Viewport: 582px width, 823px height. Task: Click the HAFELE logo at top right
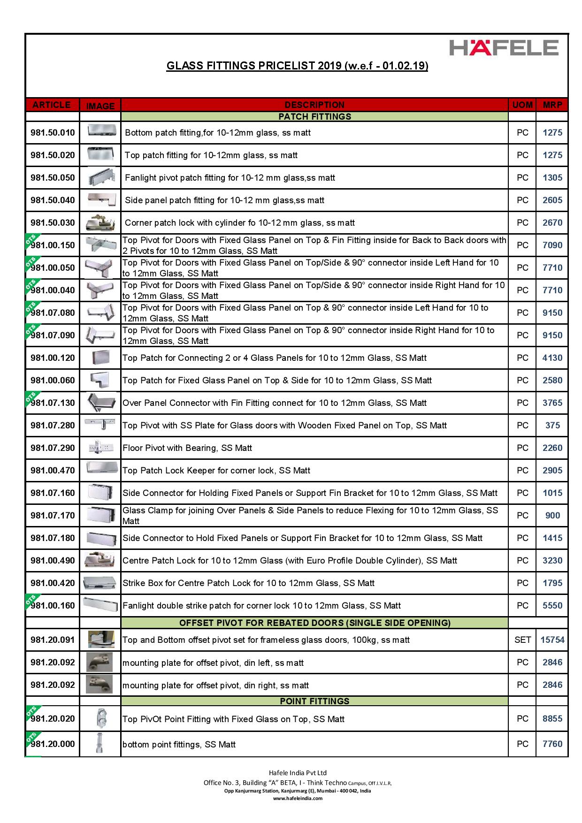click(504, 48)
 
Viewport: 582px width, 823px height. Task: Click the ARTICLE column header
click(52, 105)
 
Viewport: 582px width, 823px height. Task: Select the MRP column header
click(552, 105)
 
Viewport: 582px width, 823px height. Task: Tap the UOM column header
click(522, 105)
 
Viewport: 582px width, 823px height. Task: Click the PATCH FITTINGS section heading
click(314, 116)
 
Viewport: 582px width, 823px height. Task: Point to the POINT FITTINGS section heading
click(314, 701)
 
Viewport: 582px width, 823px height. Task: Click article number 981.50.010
click(53, 133)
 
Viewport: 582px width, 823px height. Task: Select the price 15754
click(552, 640)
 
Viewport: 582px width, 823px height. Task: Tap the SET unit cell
click(522, 640)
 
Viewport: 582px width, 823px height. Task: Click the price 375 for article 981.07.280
click(552, 426)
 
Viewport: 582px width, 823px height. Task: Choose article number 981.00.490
click(53, 561)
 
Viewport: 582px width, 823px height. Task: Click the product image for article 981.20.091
click(100, 640)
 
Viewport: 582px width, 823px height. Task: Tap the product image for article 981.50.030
click(100, 223)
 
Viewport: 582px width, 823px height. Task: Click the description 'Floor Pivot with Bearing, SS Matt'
click(187, 448)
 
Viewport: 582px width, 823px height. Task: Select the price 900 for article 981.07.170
click(552, 516)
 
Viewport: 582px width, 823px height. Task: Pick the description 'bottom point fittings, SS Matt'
click(179, 745)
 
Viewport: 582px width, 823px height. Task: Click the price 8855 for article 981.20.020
click(552, 719)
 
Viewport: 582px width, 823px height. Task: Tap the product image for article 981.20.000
click(100, 744)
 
